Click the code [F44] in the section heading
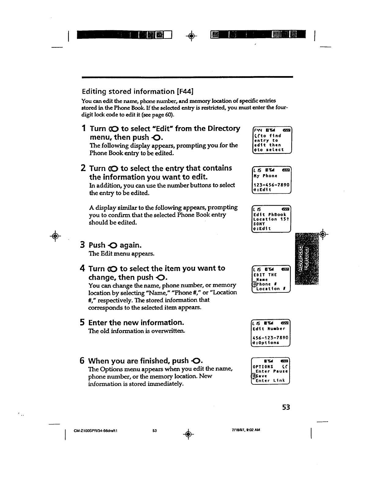point(185,91)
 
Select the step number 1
point(84,129)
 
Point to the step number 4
point(82,269)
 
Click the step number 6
point(82,361)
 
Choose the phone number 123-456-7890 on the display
point(271,185)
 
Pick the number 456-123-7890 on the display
point(271,338)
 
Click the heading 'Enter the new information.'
point(136,323)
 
